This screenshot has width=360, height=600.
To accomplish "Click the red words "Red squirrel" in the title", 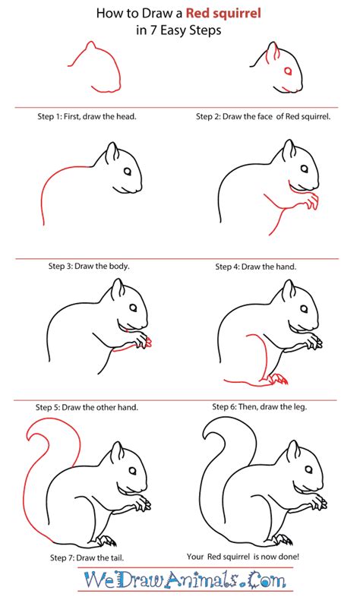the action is coord(223,14).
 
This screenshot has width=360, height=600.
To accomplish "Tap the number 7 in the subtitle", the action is coord(153,30).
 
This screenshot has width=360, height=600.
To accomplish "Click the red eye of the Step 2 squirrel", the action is coord(287,71).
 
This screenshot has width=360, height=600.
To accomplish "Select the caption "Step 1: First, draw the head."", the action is coord(87,116).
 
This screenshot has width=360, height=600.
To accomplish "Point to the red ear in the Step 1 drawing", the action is coord(90,46).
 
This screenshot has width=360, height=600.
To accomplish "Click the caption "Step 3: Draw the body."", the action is coord(89,266).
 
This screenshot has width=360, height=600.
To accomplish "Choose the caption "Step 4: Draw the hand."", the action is coord(255,267).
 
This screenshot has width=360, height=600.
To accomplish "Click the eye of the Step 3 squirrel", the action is coord(128,171).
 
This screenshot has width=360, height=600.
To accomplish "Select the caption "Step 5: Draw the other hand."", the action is coord(87,408).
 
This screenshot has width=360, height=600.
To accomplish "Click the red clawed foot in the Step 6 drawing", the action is coord(277,379).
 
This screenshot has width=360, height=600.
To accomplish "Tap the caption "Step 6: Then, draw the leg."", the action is coord(260,407).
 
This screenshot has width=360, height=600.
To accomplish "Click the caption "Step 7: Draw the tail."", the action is coord(87,558).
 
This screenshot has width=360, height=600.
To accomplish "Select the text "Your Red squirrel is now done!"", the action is coord(243,557).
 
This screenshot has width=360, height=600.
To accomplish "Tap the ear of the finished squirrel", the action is coord(293,451).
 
